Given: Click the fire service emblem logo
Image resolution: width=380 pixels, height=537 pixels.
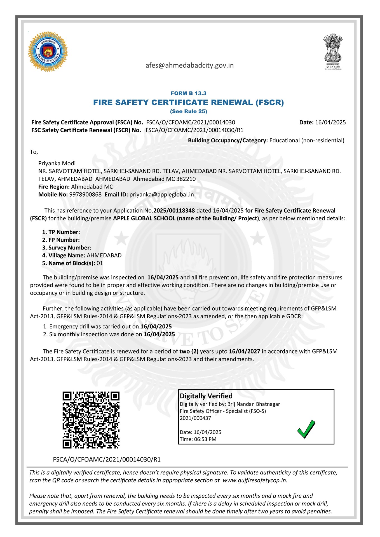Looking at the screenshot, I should point(48,51).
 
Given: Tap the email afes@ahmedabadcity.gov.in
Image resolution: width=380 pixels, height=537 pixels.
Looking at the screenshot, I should point(189,65).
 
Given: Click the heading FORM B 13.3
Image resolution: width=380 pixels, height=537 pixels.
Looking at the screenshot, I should point(188,93).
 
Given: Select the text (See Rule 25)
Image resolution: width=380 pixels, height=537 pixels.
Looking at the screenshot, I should point(189,111).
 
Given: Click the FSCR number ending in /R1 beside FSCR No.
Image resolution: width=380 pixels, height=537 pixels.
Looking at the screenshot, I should point(194,130).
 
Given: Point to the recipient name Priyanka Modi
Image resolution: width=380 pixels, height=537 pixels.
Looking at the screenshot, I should point(57,163).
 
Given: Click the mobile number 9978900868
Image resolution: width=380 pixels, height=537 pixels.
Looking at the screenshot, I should point(85,195).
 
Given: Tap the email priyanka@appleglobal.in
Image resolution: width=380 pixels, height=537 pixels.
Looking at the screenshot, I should point(161,195).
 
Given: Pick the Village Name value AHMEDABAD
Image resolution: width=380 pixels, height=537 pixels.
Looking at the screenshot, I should point(104,255).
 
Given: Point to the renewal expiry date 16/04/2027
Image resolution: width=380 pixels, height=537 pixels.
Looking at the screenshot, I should point(244,351).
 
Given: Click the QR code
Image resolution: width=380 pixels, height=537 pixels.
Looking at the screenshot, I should point(91,420).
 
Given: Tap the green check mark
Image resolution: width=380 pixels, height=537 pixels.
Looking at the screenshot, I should point(306,429).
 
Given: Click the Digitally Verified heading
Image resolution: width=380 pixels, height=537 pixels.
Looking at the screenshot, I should point(206,396).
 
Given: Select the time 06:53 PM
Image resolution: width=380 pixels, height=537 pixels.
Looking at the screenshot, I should point(205,439).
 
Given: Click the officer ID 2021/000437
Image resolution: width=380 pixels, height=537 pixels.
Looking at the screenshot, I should point(195,418).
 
